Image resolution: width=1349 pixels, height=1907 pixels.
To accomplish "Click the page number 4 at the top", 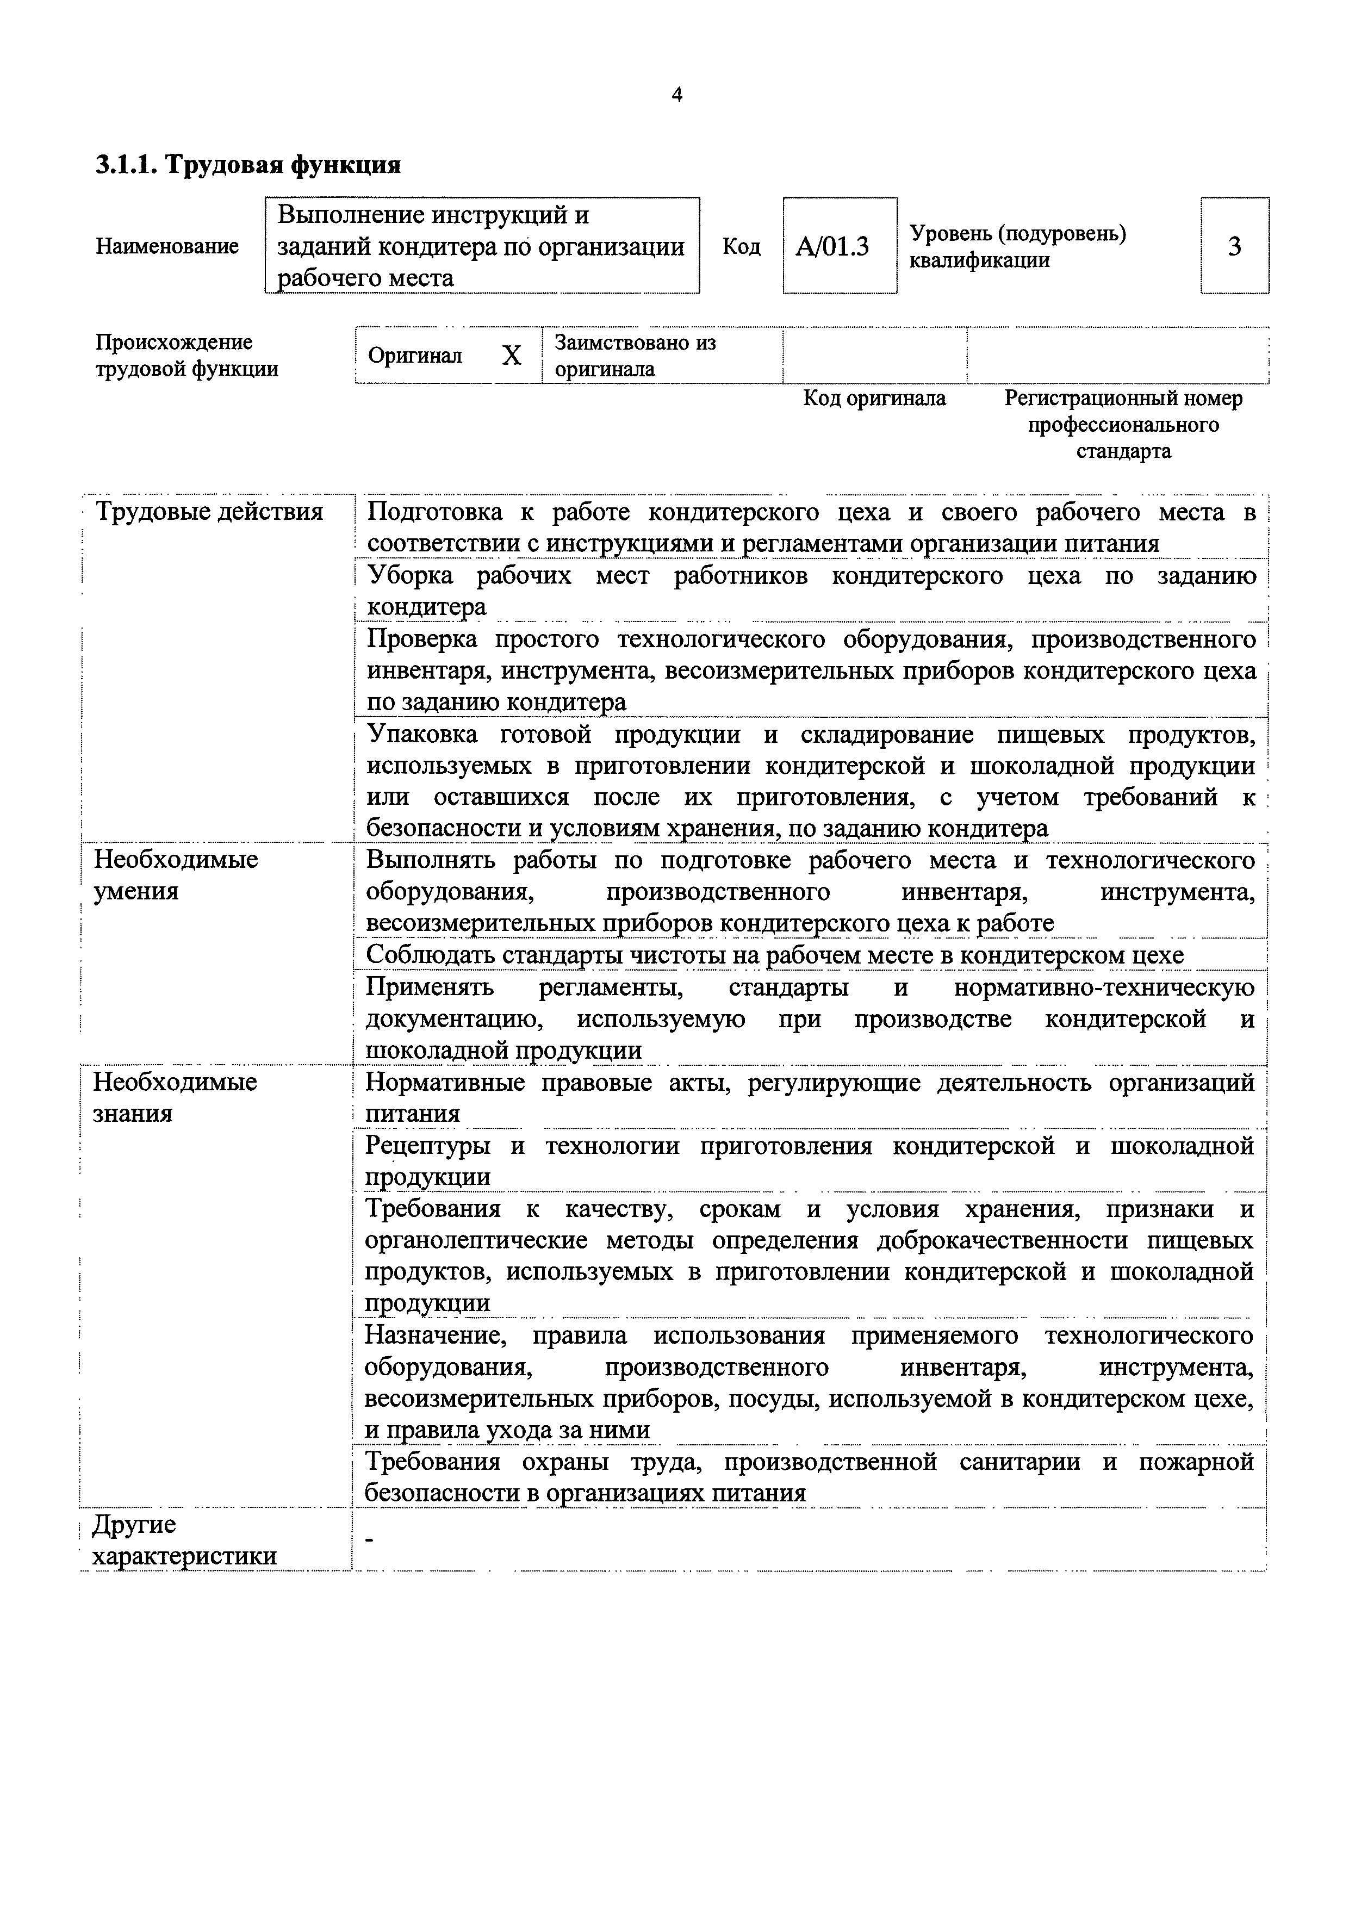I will coord(676,96).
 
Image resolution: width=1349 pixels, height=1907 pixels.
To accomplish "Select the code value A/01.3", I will coord(832,247).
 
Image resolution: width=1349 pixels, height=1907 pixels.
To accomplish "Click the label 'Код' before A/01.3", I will coord(741,247).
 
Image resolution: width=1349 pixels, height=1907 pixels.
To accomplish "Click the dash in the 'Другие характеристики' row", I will coord(370,1542).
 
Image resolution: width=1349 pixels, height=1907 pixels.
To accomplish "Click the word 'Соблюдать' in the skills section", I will coord(430,955).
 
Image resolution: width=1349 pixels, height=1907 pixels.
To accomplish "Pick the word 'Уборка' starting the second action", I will coord(411,576).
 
